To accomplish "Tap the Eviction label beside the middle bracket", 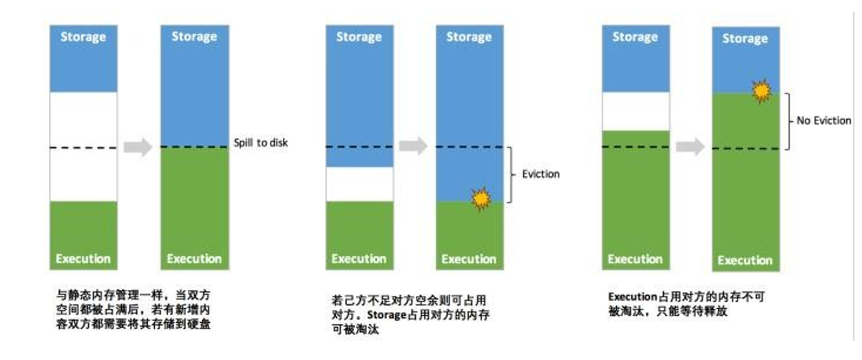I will [x=540, y=174].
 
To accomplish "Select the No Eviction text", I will [x=823, y=120].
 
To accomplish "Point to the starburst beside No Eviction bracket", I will [x=761, y=91].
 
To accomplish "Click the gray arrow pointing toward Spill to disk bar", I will [x=137, y=146].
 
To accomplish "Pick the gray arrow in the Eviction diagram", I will [x=413, y=146].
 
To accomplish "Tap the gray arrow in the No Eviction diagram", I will [x=690, y=146].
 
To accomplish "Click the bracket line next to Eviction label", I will [x=510, y=174].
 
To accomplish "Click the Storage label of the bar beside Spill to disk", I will [x=193, y=36].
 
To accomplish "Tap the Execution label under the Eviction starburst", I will [x=469, y=260].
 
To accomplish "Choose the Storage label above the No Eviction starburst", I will [x=745, y=39].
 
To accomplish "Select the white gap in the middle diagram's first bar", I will [x=359, y=184].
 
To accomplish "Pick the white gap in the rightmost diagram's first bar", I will [x=635, y=111].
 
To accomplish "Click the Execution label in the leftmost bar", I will [x=83, y=259].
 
